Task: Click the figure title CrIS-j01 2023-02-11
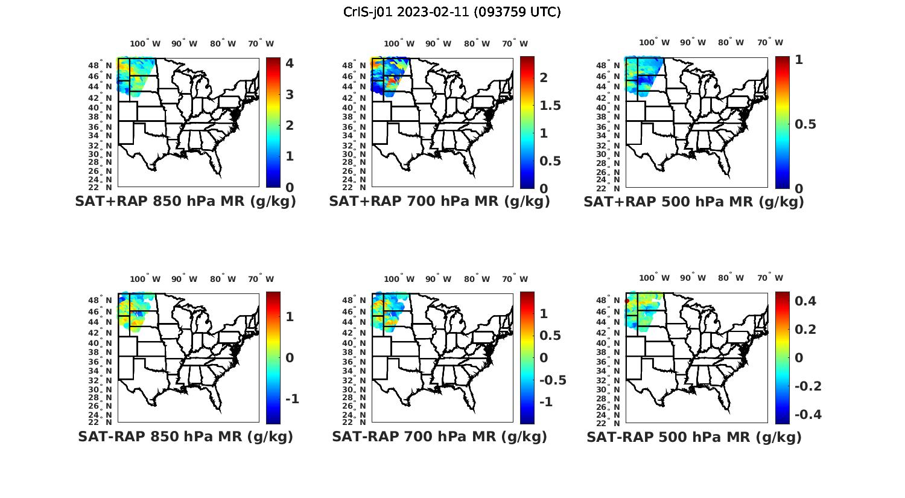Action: (x=452, y=12)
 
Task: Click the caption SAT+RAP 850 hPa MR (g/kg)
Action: (x=185, y=202)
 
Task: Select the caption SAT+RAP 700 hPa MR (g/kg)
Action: (x=439, y=202)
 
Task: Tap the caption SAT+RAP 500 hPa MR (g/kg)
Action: (x=694, y=202)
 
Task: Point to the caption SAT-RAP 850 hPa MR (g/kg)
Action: (x=185, y=436)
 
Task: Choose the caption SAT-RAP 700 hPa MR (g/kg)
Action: (x=439, y=436)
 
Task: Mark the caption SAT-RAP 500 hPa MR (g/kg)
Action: (x=694, y=436)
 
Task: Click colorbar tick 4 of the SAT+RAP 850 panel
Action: (x=290, y=63)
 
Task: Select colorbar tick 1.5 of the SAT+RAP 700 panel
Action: (x=550, y=106)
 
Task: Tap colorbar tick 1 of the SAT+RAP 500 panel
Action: (x=799, y=60)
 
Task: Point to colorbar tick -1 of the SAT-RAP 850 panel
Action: (x=292, y=399)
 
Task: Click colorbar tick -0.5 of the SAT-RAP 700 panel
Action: (x=552, y=380)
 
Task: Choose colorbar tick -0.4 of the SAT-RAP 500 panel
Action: (x=808, y=415)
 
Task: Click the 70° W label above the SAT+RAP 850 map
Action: (x=261, y=43)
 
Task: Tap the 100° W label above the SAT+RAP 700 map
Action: (x=399, y=43)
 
